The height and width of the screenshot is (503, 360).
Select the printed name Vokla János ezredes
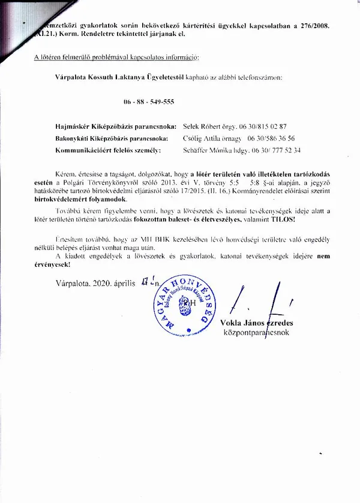(260, 323)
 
